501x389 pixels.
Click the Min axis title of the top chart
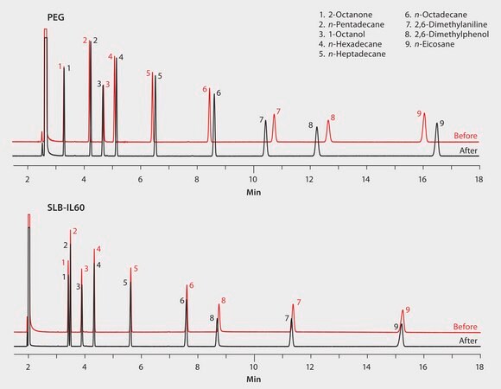(253, 191)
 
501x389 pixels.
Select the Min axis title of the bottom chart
(253, 379)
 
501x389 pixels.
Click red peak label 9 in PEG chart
(419, 113)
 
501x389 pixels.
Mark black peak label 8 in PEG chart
(311, 125)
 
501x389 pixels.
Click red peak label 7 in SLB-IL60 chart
(298, 303)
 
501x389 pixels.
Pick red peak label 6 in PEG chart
(205, 89)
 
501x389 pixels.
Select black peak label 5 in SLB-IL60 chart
(125, 283)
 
